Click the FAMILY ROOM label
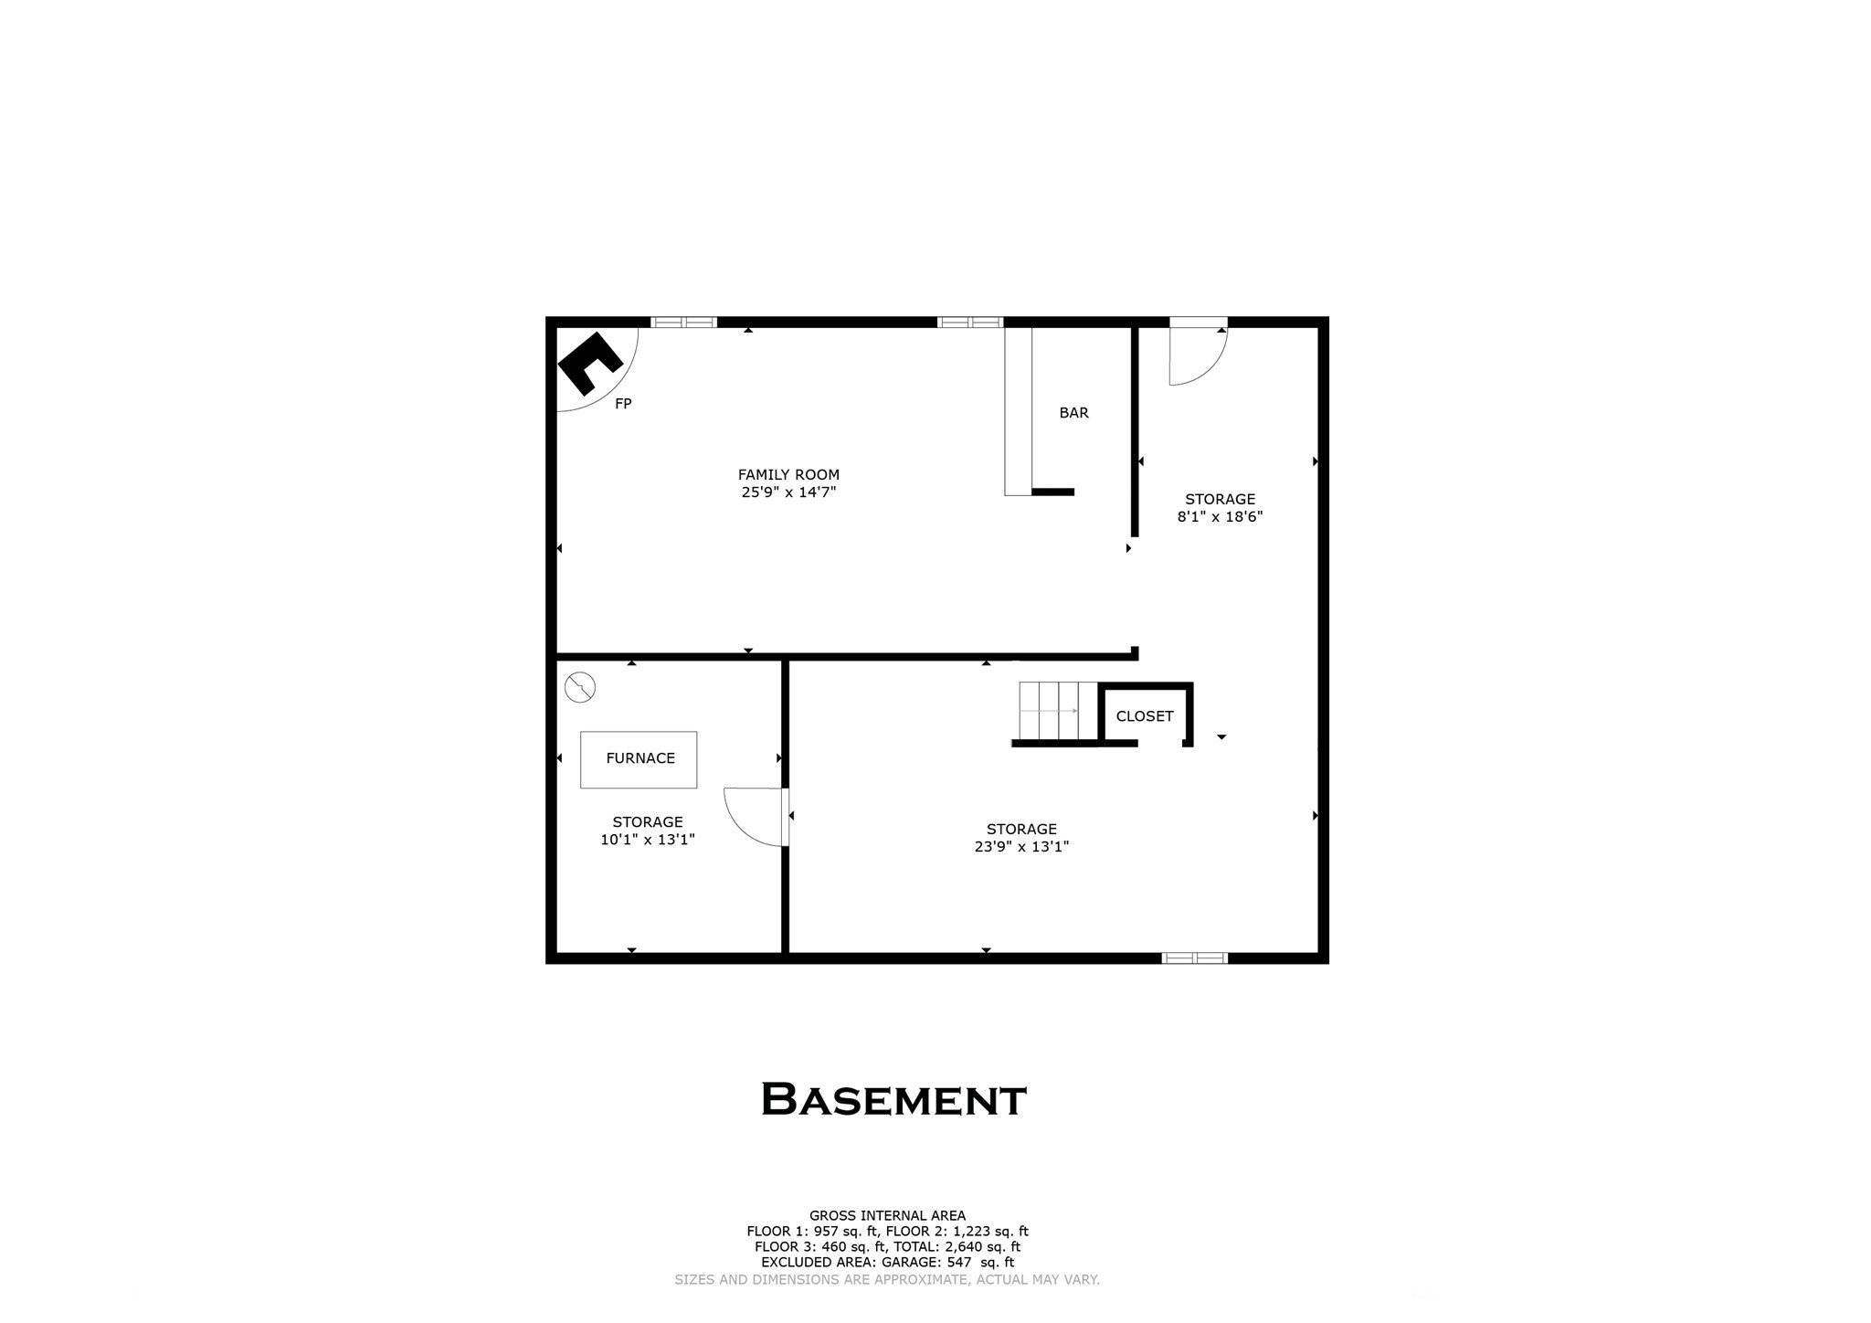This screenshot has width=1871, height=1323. [788, 474]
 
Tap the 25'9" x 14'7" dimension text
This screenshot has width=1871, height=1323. [788, 492]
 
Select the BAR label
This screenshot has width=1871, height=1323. [1073, 413]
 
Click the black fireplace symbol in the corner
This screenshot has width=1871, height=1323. [589, 363]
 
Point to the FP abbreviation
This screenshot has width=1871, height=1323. [623, 403]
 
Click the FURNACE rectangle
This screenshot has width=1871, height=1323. [639, 759]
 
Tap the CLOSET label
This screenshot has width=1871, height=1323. [1144, 716]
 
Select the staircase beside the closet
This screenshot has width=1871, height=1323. [1058, 710]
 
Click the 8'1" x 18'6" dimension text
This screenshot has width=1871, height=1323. [1220, 516]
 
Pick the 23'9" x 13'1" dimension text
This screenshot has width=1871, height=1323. [1021, 847]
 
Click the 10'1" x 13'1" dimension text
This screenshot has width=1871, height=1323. [647, 840]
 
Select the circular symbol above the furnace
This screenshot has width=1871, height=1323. [580, 687]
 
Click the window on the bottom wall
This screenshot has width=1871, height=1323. [1194, 958]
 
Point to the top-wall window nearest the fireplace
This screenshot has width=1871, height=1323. [683, 322]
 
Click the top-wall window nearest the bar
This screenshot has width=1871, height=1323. [970, 322]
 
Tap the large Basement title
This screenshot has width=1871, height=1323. [893, 1099]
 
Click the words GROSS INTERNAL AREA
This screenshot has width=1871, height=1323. [887, 1215]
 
